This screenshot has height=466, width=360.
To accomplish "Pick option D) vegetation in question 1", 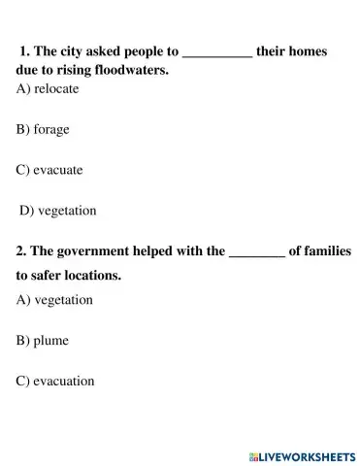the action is tap(58, 210).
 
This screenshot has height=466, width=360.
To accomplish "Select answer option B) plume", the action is tap(42, 341).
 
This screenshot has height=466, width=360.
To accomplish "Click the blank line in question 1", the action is tap(217, 53).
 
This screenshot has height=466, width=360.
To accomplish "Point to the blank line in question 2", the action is tap(256, 253).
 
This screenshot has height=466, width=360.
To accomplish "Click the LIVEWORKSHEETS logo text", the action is tap(308, 455).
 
